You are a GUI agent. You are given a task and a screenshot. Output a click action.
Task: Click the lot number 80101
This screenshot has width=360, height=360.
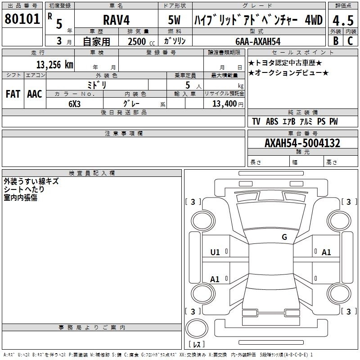point(22,19)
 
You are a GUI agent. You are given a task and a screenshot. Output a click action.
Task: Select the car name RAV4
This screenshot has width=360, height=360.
point(117,20)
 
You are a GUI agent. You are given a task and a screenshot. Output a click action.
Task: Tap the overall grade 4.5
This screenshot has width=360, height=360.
point(343,20)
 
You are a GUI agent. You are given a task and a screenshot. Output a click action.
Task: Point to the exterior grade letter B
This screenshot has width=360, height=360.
point(336,41)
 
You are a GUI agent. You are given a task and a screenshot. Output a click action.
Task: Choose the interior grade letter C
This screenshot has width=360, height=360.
point(350,41)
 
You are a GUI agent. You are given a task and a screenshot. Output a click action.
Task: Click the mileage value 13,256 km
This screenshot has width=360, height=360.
point(55,65)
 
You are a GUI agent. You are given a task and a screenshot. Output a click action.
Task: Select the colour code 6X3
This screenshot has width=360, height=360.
point(75,104)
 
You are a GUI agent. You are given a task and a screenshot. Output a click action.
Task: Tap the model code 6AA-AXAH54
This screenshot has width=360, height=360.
point(258,41)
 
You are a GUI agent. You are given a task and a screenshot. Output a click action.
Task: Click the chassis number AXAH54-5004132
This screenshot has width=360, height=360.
point(302,143)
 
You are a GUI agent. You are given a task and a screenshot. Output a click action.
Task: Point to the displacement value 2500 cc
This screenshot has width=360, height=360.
point(141,41)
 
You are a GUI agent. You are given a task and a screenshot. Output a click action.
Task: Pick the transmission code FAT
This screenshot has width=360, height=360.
point(13,94)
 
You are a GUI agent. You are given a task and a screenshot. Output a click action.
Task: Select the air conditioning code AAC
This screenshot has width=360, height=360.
point(35,94)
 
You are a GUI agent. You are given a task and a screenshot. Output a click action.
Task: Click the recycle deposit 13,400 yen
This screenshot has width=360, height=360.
point(228,104)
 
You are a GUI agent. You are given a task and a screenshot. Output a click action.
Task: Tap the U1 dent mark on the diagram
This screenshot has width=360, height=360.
point(215,252)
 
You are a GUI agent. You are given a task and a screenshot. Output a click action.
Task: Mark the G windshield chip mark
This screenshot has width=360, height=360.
point(284,237)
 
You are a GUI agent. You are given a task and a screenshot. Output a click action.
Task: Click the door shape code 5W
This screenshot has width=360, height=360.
point(174,20)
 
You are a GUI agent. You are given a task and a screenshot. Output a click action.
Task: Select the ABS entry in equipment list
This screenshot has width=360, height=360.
point(272,121)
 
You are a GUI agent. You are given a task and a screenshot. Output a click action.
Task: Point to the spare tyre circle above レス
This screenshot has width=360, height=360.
point(197,328)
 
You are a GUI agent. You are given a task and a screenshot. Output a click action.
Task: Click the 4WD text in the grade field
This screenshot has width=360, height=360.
point(314,20)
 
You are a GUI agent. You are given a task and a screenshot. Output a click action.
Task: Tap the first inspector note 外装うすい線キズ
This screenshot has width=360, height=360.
point(31,181)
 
